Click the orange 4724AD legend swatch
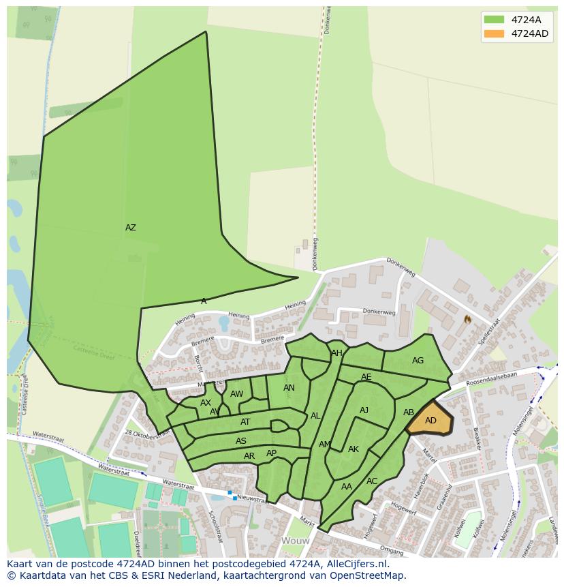(495, 34)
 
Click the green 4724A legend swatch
(495, 20)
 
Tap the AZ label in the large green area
(130, 228)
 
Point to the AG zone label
(418, 361)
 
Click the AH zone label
(336, 353)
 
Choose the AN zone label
(289, 388)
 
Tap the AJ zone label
(364, 410)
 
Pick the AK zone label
(353, 449)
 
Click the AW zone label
(236, 394)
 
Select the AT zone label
(245, 422)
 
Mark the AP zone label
(271, 453)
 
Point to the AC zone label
(372, 481)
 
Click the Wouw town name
(296, 541)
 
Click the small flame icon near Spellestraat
(467, 318)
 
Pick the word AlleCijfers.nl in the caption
(352, 564)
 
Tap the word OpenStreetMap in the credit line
(368, 575)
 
